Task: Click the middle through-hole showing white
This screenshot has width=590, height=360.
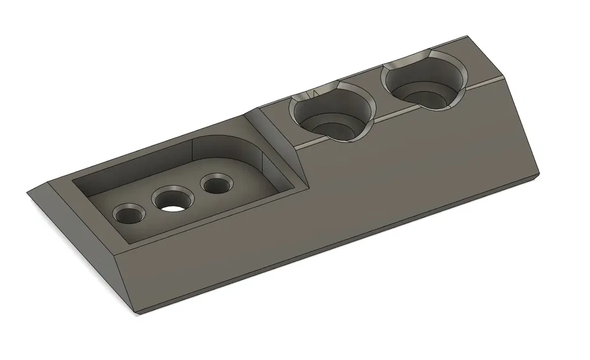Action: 172,202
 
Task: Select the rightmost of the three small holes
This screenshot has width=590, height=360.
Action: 216,185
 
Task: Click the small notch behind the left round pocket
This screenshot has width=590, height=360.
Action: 315,92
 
